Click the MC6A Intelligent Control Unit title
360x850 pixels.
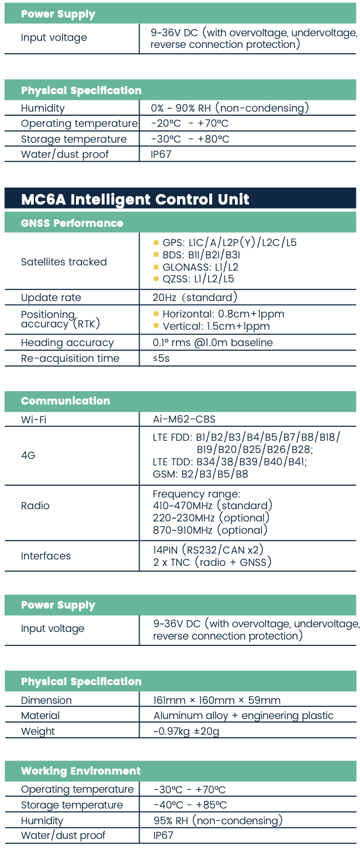[135, 199]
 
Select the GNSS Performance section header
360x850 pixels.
[72, 223]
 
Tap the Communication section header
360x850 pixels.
[65, 400]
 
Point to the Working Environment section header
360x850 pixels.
[81, 770]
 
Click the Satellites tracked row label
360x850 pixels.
[64, 262]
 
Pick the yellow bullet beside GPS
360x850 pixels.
[156, 243]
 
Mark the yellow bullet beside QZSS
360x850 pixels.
[156, 279]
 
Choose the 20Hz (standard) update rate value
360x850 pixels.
[195, 298]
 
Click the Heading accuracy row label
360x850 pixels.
[67, 343]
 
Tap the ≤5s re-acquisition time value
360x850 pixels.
[161, 358]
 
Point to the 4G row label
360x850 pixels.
[28, 455]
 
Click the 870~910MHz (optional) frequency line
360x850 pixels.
[210, 530]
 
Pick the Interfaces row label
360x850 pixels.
[46, 556]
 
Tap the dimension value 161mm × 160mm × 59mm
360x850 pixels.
[217, 700]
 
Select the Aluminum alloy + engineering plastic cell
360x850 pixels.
[243, 716]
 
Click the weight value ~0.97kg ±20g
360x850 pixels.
[186, 731]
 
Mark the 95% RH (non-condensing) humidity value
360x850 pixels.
[217, 820]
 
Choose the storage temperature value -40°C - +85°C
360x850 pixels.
[190, 805]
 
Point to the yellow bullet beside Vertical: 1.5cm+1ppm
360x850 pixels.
[156, 326]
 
